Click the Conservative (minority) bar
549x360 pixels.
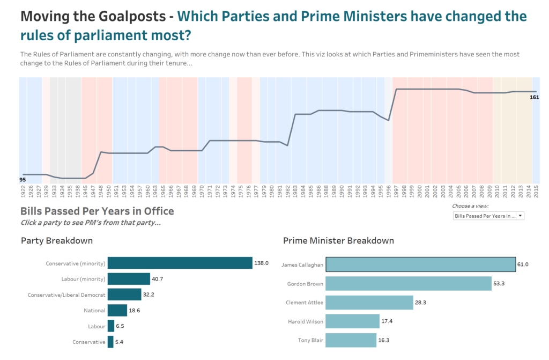click(x=180, y=263)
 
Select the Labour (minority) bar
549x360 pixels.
click(x=129, y=279)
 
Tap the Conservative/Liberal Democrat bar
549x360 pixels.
click(x=124, y=295)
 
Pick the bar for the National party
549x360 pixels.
click(x=117, y=310)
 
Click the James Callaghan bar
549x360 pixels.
click(x=420, y=265)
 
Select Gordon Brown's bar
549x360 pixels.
click(x=409, y=283)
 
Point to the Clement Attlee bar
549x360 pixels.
click(x=369, y=303)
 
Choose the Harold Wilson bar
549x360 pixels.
click(x=352, y=321)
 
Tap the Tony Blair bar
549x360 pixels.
click(x=351, y=340)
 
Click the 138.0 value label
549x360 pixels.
click(x=261, y=263)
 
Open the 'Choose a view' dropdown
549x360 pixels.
click(x=488, y=216)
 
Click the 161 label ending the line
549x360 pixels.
click(x=534, y=97)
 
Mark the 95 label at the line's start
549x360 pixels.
click(x=23, y=180)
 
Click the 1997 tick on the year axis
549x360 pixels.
click(x=396, y=192)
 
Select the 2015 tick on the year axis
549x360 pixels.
click(x=536, y=192)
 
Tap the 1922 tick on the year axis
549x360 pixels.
click(x=23, y=192)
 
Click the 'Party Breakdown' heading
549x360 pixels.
click(x=56, y=240)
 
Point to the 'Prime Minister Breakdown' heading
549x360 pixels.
click(x=338, y=240)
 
